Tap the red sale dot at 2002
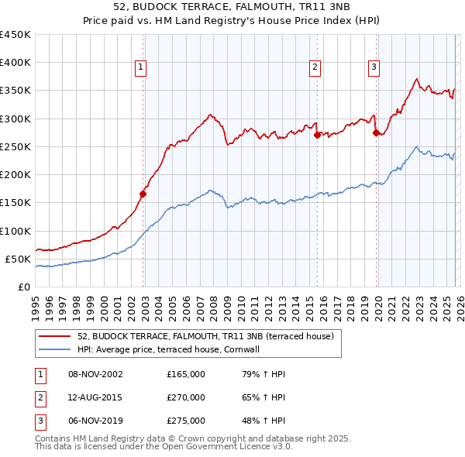pyautogui.click(x=143, y=194)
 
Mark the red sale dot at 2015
pyautogui.click(x=317, y=136)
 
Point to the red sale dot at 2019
pyautogui.click(x=377, y=133)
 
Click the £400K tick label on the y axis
pyautogui.click(x=15, y=63)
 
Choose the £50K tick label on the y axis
pyautogui.click(x=17, y=259)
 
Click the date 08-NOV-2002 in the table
pyautogui.click(x=96, y=374)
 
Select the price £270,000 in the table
pyautogui.click(x=186, y=397)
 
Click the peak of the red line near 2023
pyautogui.click(x=417, y=78)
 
